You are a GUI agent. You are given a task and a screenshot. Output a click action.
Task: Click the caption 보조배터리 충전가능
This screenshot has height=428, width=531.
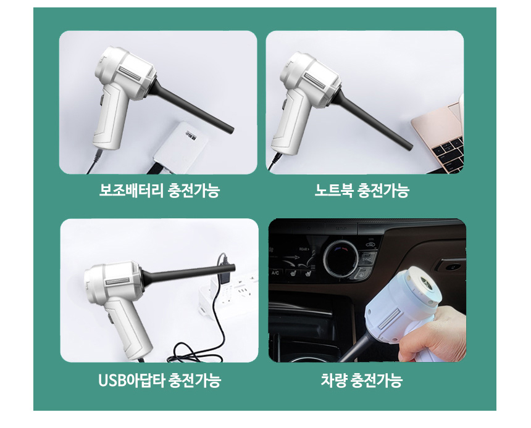pos(159,190)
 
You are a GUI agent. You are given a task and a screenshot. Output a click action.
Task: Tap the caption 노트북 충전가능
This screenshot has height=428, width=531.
pos(362,190)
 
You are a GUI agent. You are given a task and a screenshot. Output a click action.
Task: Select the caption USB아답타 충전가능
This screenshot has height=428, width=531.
pos(159,380)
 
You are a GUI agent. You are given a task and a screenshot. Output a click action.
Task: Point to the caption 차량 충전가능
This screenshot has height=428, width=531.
pos(361,380)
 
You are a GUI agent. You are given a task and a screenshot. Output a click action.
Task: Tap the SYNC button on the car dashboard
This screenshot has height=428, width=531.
pos(366,259)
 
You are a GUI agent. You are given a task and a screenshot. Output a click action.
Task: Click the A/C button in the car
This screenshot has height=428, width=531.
pos(275,273)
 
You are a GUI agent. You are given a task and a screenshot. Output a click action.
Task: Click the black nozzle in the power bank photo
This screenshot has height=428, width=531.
pos(190,105)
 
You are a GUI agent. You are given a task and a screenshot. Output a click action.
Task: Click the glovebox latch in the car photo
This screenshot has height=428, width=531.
pos(450,266)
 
